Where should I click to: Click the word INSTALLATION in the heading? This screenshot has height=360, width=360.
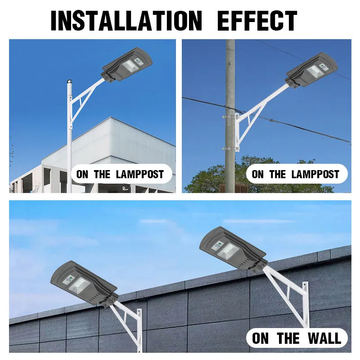click(126, 20)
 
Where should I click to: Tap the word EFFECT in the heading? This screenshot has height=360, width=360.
click(257, 20)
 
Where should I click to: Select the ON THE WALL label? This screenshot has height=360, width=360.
click(297, 338)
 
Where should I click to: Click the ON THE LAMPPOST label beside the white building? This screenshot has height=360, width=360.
click(120, 174)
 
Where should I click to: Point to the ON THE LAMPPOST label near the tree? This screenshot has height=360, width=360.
click(296, 174)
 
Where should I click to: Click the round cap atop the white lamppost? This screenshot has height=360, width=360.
click(69, 82)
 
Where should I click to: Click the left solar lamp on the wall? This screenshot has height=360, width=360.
click(84, 283)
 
